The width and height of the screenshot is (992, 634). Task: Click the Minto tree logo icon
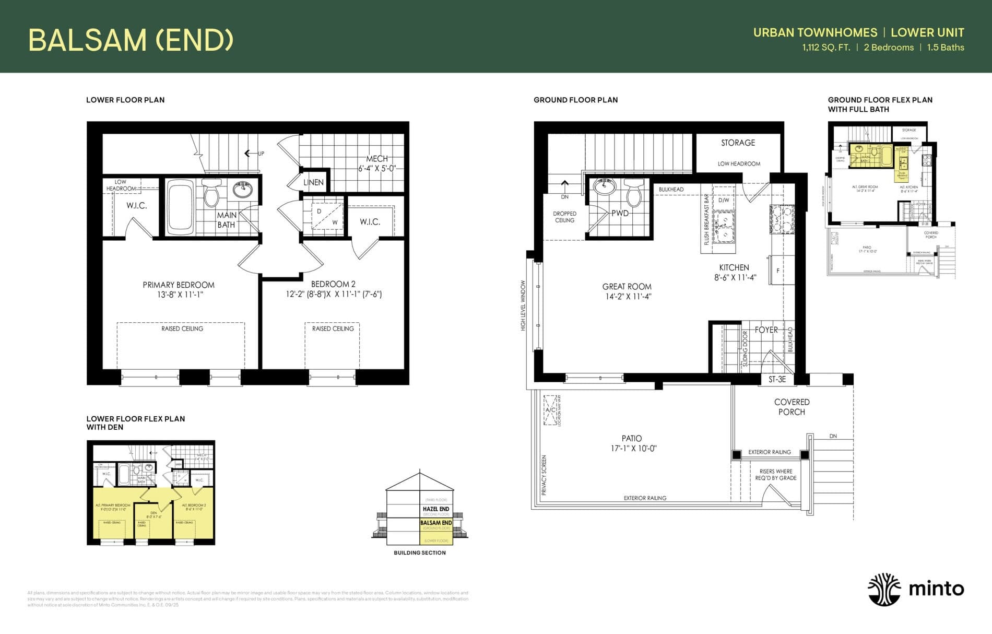click(884, 589)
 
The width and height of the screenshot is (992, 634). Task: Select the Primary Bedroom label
click(179, 285)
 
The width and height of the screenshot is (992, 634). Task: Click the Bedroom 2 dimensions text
click(334, 295)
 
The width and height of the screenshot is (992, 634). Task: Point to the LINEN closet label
click(313, 182)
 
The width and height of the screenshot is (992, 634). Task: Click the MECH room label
click(376, 159)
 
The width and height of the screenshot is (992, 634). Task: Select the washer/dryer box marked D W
click(327, 216)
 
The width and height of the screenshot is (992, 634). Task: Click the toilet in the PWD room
click(633, 193)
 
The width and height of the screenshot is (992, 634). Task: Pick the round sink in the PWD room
click(605, 186)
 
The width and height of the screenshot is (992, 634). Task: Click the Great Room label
click(627, 287)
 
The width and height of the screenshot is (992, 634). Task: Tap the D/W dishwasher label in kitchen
click(724, 200)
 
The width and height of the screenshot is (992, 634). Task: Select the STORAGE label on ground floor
click(738, 143)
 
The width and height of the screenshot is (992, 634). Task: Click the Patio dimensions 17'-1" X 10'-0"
click(633, 449)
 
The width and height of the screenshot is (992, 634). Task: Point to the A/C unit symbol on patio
click(550, 410)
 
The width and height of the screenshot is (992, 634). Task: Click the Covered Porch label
click(792, 407)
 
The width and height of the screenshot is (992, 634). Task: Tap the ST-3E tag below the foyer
click(777, 380)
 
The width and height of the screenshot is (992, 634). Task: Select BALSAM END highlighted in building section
click(436, 522)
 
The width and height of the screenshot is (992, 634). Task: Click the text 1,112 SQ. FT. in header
click(826, 48)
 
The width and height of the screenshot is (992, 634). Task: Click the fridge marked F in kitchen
click(778, 270)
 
